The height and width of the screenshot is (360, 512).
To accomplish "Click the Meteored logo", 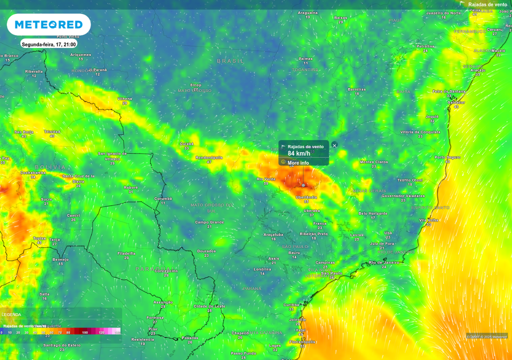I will (x=48, y=24).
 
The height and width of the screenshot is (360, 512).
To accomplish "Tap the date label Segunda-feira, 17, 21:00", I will (x=48, y=44).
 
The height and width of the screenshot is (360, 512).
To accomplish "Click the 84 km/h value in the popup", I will (x=298, y=153).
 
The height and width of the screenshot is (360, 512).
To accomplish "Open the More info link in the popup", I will (x=298, y=163).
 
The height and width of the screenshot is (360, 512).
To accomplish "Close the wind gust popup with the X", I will (x=334, y=145).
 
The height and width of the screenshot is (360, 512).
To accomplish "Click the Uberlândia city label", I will (x=307, y=197).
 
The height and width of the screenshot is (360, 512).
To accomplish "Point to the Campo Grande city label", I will (x=209, y=222).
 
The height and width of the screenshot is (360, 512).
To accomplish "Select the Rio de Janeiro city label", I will (x=383, y=262).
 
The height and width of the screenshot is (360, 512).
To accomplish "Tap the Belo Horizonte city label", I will (x=373, y=213).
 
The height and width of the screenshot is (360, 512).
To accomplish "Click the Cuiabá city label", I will (x=186, y=144).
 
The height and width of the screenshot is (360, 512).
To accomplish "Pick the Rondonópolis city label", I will (x=209, y=157).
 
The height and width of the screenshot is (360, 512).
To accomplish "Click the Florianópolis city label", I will (x=302, y=342).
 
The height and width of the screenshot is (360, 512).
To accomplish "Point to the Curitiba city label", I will (x=291, y=304).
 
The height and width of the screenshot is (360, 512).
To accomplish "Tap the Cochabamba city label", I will (x=33, y=172).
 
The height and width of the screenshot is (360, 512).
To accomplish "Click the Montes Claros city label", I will (x=374, y=162).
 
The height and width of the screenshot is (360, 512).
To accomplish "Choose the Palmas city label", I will (x=305, y=58).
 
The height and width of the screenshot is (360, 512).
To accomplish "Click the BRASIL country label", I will (x=230, y=60).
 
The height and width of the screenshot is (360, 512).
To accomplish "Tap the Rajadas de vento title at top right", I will (x=487, y=4).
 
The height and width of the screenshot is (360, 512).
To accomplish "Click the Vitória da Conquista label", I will (x=420, y=132).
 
